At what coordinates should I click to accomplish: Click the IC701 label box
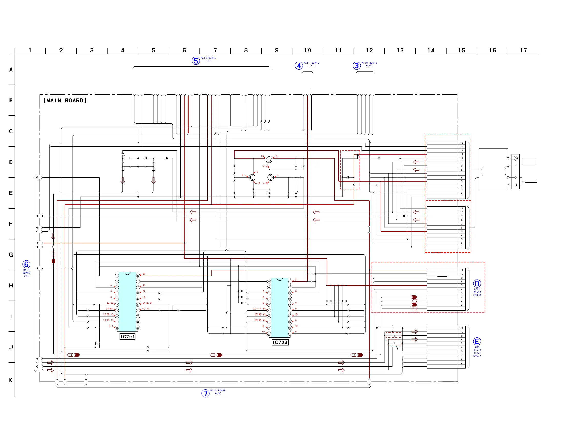click(x=127, y=337)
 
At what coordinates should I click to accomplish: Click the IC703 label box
click(x=280, y=342)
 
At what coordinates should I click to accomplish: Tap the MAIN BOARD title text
click(x=65, y=101)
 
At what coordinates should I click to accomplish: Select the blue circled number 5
click(x=196, y=61)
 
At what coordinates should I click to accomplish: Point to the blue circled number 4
click(x=299, y=66)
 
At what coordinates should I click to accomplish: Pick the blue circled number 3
click(x=356, y=66)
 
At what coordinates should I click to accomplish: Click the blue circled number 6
click(x=26, y=264)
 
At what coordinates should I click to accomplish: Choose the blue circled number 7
click(x=205, y=393)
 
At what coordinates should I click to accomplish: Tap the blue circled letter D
click(x=477, y=283)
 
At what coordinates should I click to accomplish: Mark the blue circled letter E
click(x=477, y=341)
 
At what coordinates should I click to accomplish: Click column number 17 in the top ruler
click(x=524, y=50)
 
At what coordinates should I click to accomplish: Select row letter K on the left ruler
click(x=11, y=380)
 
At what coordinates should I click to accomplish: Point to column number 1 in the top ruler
click(x=30, y=50)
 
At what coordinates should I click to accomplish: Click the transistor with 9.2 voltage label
click(x=269, y=159)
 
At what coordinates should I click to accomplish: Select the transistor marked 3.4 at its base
click(x=252, y=178)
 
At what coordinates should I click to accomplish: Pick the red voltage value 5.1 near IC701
click(x=111, y=326)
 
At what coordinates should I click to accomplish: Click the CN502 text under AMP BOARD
click(x=477, y=356)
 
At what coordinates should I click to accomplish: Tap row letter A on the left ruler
click(x=11, y=70)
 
